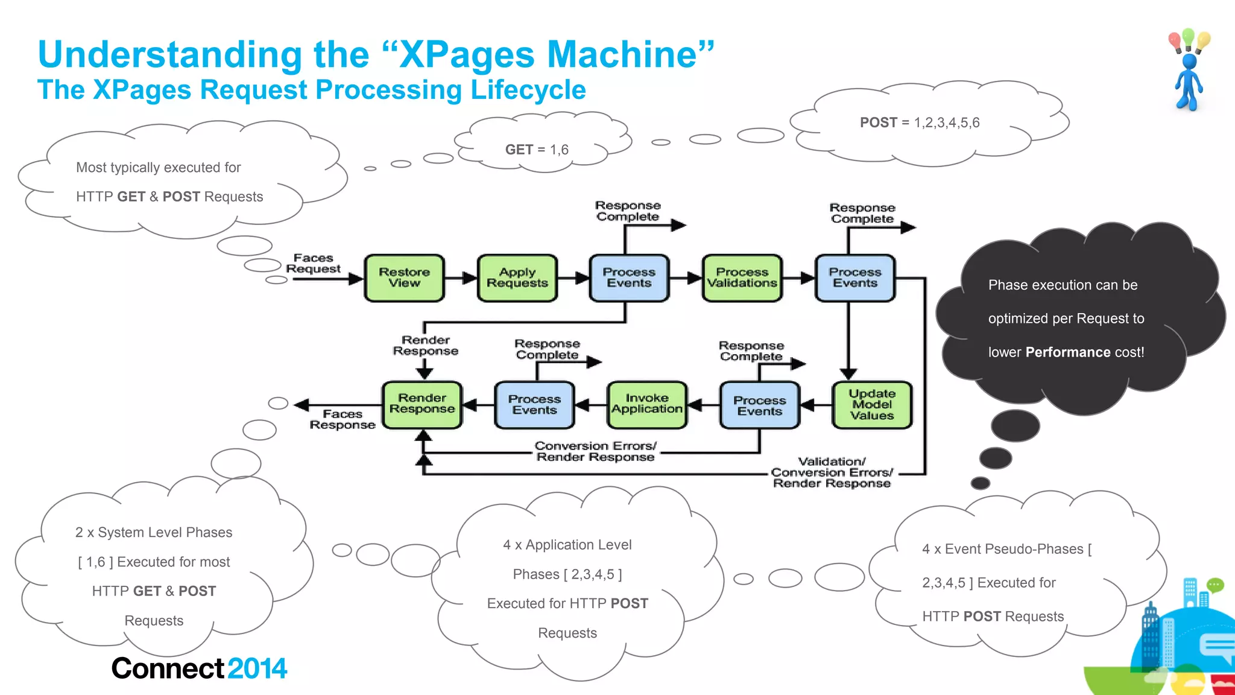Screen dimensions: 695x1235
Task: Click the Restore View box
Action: [x=404, y=278]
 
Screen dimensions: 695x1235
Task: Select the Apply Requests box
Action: [x=517, y=278]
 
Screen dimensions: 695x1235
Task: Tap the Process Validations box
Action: [x=742, y=278]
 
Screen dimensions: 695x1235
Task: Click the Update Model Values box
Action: [x=871, y=405]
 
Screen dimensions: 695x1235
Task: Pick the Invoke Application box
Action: [x=646, y=404]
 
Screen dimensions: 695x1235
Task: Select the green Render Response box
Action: [x=422, y=404]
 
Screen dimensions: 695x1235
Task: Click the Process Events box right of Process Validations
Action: [x=854, y=278]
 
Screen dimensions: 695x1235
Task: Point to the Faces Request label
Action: [x=313, y=264]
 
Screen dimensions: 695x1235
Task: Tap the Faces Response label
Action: [x=342, y=419]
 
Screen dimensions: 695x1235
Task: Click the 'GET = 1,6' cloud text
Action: [x=537, y=150]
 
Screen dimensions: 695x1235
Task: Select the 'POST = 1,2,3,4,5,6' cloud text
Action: [x=920, y=122]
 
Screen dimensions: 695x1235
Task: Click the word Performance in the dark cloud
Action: [x=1067, y=352]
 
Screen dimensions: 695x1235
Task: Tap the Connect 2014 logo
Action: [x=199, y=668]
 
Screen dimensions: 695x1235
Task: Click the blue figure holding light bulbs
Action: [x=1188, y=72]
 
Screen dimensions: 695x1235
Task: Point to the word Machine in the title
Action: [x=621, y=54]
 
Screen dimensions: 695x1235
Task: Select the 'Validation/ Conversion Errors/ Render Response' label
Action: [x=831, y=472]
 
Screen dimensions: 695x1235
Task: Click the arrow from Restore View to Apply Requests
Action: [x=461, y=278]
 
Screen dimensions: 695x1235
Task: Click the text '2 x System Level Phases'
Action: [x=154, y=533]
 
